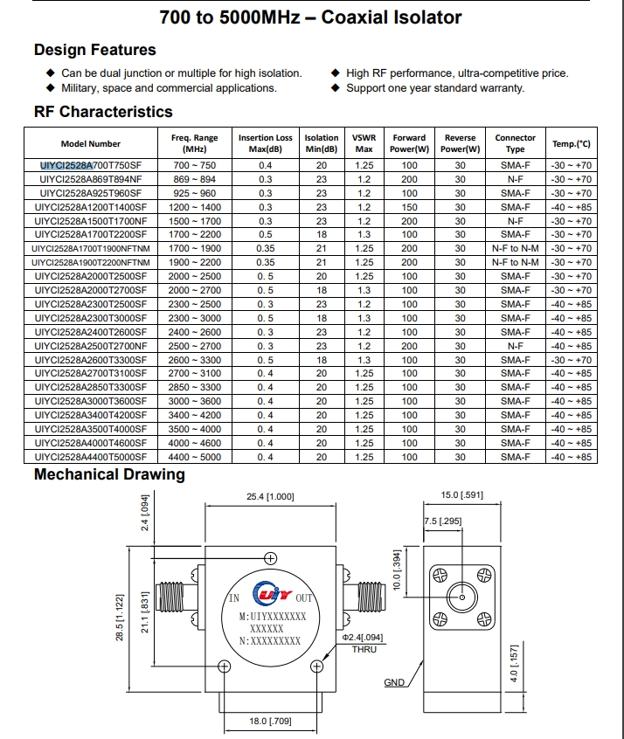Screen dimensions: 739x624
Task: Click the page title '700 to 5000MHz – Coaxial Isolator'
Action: click(312, 17)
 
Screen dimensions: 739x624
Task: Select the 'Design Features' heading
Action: click(94, 50)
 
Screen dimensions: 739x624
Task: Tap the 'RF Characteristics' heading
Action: click(103, 112)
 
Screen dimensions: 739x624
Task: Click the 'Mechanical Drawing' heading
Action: click(109, 474)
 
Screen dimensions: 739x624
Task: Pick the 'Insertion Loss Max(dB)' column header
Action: click(265, 143)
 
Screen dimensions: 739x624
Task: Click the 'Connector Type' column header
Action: click(515, 143)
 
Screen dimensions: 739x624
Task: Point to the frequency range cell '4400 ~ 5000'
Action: click(195, 457)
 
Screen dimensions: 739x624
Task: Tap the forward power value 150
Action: click(409, 207)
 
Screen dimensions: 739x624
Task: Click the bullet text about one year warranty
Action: click(435, 87)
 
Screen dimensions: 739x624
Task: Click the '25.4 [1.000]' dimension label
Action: click(270, 497)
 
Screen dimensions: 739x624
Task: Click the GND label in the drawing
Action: click(395, 682)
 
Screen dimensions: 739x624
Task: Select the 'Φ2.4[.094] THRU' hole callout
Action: click(364, 643)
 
